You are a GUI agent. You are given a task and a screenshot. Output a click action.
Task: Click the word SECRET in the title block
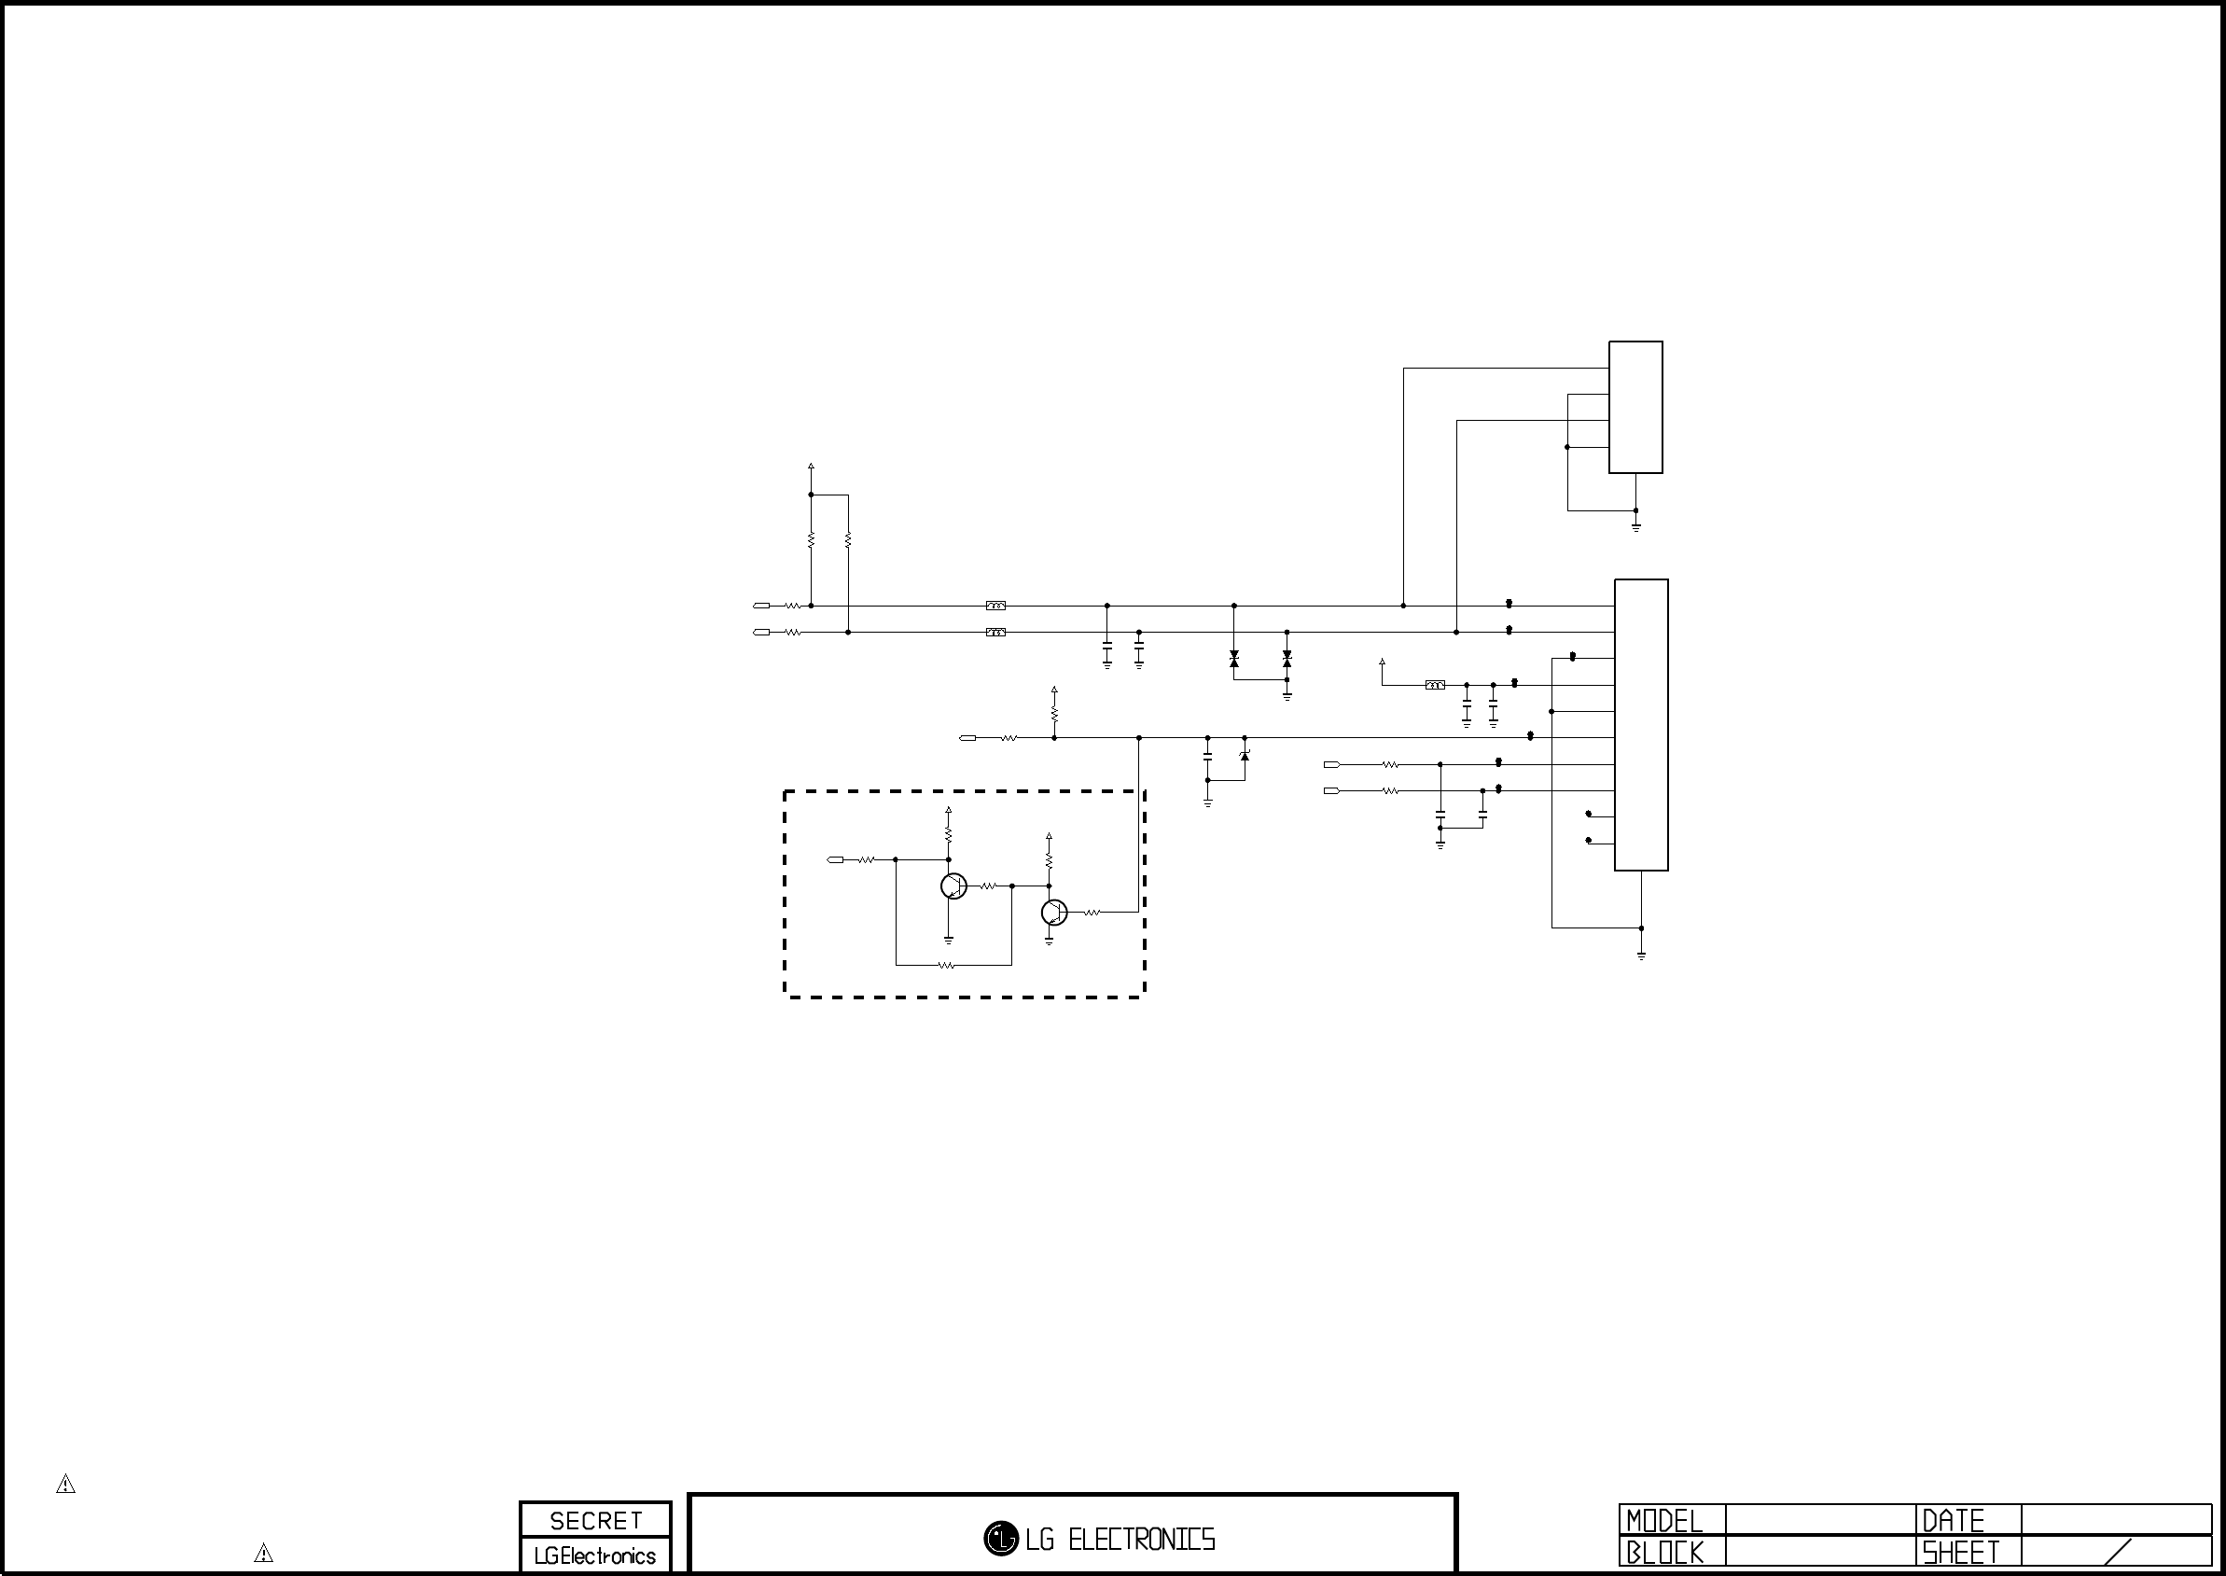click(596, 1521)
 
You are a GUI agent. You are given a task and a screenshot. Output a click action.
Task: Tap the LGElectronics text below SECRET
click(595, 1555)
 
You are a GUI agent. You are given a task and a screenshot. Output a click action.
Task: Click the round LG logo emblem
click(1000, 1538)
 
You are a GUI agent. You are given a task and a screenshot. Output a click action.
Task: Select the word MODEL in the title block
click(1664, 1521)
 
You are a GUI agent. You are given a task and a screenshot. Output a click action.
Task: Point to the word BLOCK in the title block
click(1664, 1553)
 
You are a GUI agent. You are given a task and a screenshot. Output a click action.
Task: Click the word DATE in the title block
click(1953, 1521)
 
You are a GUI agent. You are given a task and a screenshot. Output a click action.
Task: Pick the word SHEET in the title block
click(1960, 1553)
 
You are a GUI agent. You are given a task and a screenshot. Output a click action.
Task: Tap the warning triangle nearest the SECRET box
click(263, 1553)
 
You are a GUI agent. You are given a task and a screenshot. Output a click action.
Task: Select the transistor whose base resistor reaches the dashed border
click(1054, 913)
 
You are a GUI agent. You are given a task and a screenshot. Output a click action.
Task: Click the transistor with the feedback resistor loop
click(953, 886)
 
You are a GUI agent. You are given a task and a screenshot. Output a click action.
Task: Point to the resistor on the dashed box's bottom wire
click(947, 966)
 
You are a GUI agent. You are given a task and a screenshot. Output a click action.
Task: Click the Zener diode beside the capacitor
click(1245, 754)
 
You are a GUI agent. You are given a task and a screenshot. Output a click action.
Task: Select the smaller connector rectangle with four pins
click(1635, 407)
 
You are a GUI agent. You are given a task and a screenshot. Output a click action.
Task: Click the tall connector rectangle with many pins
click(1641, 725)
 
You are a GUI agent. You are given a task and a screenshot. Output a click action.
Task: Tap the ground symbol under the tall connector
click(1641, 955)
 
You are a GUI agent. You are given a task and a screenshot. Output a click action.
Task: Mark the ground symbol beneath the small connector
click(1636, 527)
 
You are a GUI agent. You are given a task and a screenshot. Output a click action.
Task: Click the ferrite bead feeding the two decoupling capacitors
click(1434, 685)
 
